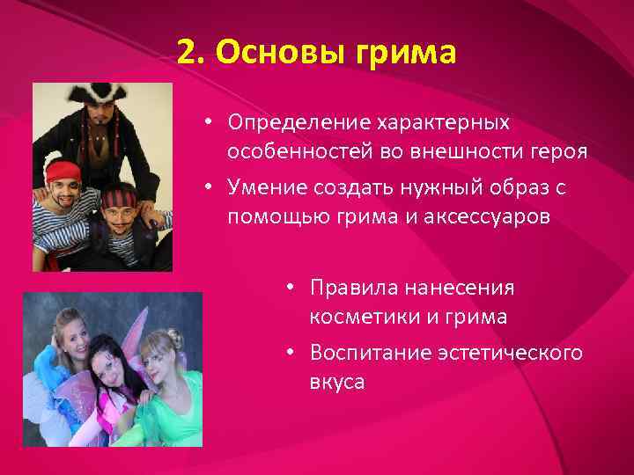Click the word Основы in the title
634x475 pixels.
(269, 52)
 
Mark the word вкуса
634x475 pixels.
(336, 383)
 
